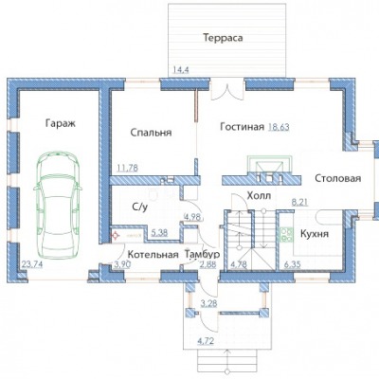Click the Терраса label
click(223, 38)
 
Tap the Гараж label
click(61, 123)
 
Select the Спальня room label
click(151, 133)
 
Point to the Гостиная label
click(242, 127)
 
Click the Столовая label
click(338, 178)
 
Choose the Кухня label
click(315, 234)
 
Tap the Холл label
click(259, 196)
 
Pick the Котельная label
click(153, 255)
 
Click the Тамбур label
click(203, 254)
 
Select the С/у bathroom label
click(140, 208)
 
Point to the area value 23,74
click(32, 264)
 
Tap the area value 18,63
click(279, 127)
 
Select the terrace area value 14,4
click(181, 70)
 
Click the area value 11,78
click(128, 168)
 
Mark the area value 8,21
click(299, 202)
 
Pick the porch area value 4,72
click(206, 341)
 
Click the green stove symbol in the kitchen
click(286, 235)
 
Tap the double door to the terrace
click(227, 90)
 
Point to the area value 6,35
click(293, 264)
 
